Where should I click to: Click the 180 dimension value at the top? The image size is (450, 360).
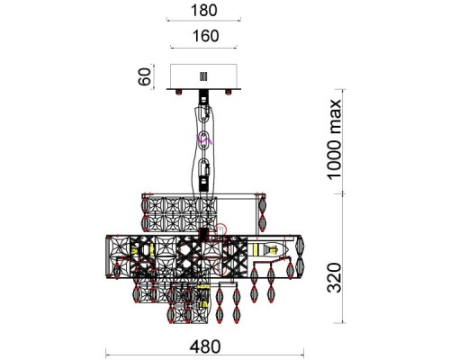(203, 10)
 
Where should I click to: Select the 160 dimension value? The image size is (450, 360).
(206, 36)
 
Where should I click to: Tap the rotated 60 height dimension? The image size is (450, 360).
(145, 76)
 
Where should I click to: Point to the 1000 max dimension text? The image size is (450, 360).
(334, 139)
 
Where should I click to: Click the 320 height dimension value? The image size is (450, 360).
(334, 278)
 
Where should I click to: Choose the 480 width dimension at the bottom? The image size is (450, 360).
(205, 346)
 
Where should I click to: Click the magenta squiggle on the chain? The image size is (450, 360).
(204, 139)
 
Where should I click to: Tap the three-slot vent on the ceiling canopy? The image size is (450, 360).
(203, 76)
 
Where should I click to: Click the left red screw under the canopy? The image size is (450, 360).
(179, 92)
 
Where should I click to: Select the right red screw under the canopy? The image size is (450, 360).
(229, 92)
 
